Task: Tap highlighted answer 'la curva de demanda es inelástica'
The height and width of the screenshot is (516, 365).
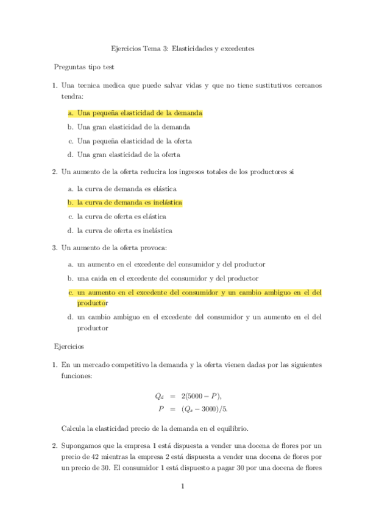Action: [129, 202]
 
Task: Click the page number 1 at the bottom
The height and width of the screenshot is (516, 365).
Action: [182, 486]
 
